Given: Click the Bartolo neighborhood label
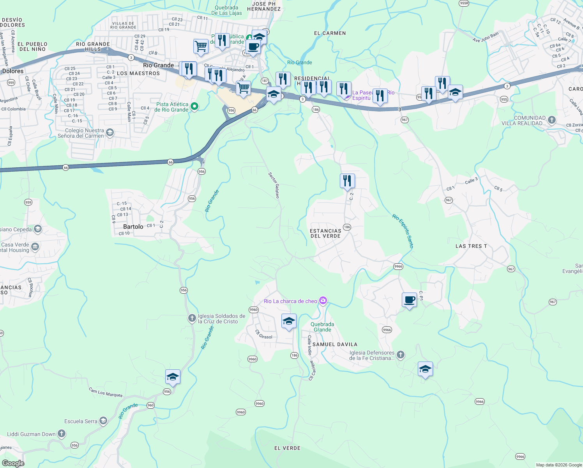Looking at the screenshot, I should [133, 227].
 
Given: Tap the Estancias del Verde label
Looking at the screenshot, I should [325, 233].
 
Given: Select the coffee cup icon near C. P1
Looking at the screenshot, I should [409, 300].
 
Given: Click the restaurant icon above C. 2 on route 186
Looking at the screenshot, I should [347, 181].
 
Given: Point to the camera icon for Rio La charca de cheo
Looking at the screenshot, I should [323, 300].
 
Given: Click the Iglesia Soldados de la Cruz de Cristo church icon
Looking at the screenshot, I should [192, 318].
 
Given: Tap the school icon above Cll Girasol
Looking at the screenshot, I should [289, 321].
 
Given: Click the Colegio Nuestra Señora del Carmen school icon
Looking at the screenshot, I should [110, 133].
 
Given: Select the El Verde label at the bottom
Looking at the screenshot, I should [287, 448].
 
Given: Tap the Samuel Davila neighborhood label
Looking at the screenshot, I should [335, 344].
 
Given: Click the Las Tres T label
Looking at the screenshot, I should [471, 246].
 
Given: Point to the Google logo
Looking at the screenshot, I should [13, 463].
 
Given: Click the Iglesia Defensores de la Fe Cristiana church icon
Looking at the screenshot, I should [401, 355].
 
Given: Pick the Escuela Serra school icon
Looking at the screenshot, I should [103, 420].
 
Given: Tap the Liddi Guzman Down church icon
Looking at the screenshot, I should [62, 433].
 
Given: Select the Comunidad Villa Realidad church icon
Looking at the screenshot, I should [551, 120].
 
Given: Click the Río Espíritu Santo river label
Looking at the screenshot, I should [403, 231].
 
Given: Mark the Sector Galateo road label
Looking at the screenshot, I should [274, 185].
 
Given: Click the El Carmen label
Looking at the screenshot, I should [330, 33].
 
